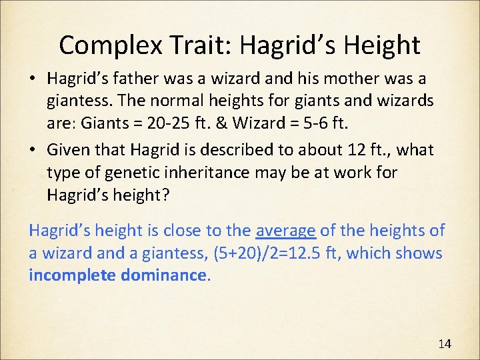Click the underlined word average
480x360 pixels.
[286, 231]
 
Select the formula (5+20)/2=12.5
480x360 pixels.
[297, 253]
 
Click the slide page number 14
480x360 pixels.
[444, 344]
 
